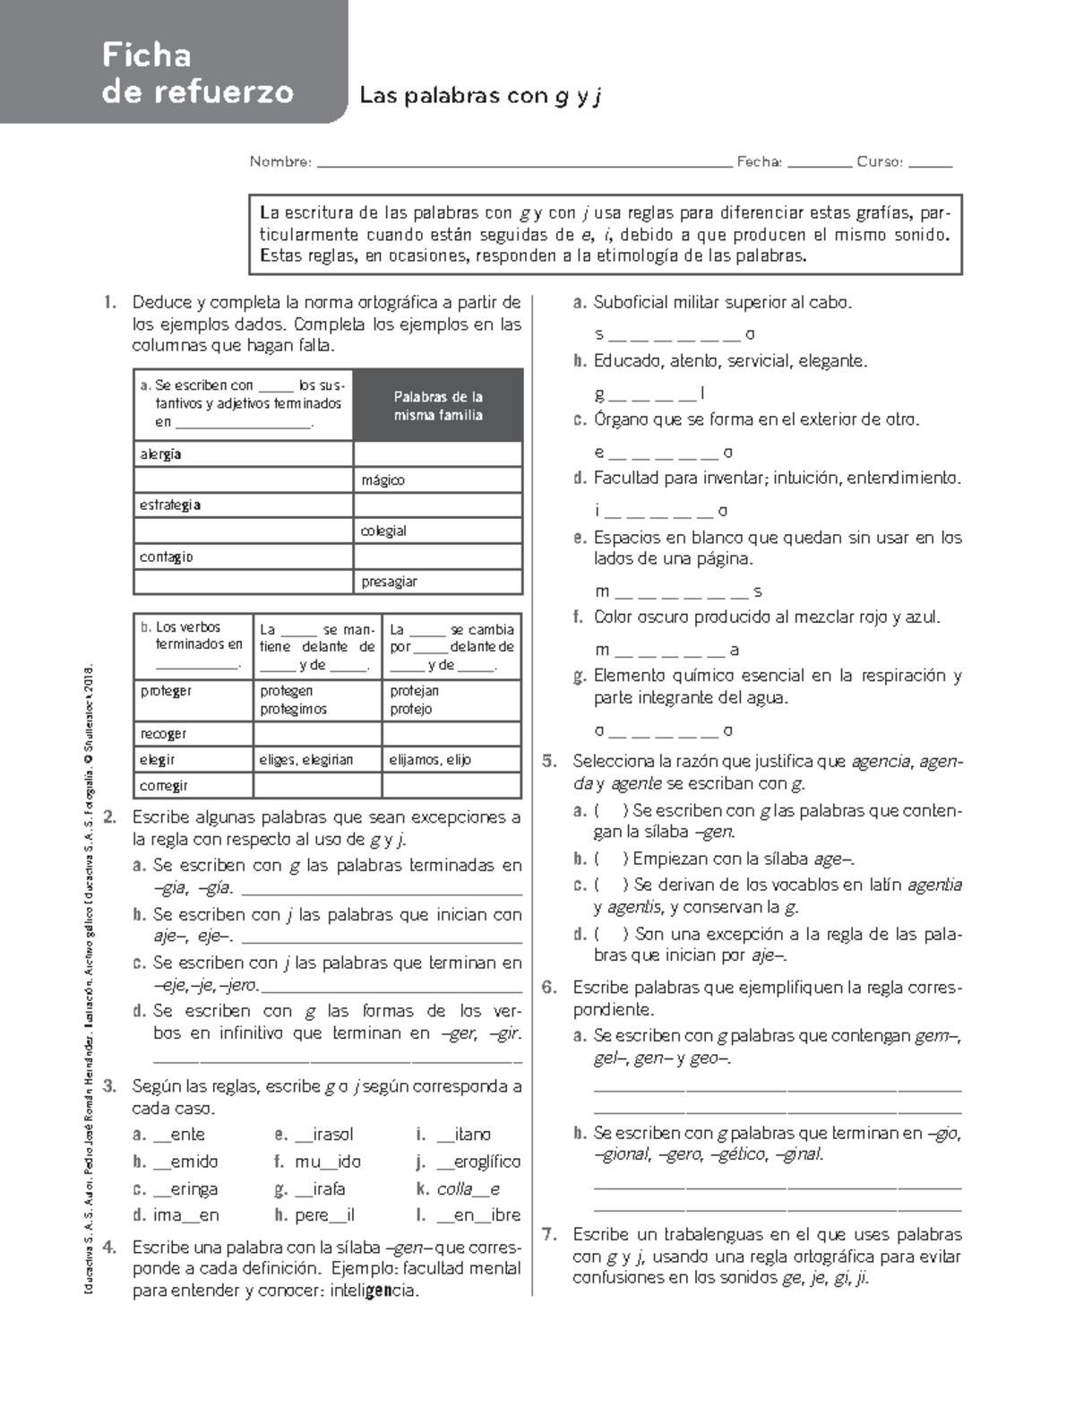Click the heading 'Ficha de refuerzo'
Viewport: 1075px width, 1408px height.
197,73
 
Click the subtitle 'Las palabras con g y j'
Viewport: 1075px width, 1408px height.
479,96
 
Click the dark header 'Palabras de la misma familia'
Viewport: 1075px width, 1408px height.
438,405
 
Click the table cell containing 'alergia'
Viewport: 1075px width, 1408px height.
243,454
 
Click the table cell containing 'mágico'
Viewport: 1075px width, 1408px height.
437,480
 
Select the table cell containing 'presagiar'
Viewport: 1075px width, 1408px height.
437,582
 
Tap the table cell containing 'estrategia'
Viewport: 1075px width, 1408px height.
243,505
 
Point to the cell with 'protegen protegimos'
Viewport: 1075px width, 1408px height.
317,700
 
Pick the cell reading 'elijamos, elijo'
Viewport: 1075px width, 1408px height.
451,759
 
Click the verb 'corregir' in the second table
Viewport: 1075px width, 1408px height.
165,786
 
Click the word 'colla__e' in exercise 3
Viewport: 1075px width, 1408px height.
469,1189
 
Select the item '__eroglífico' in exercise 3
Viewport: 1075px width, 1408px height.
478,1162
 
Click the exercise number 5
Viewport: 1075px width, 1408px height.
549,762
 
